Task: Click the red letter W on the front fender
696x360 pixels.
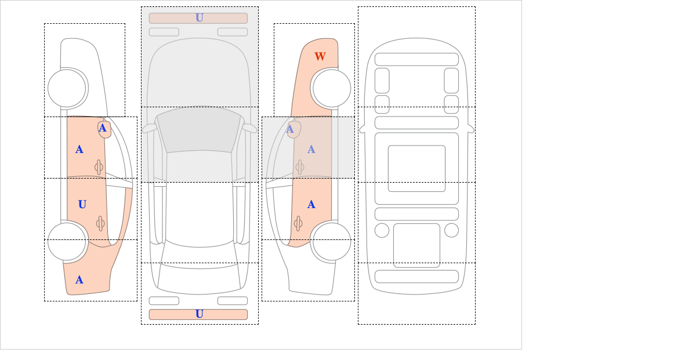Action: pos(320,56)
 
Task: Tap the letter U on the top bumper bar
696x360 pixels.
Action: pos(199,18)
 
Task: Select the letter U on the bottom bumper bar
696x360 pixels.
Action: pos(199,314)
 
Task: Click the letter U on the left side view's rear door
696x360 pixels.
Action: pos(82,204)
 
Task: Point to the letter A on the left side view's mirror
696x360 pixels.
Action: pos(103,128)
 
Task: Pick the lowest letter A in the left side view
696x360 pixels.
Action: pos(79,280)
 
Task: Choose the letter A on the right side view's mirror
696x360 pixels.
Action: pos(290,129)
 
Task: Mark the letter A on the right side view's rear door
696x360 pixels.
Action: pos(311,205)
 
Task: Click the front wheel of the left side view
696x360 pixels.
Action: pos(67,88)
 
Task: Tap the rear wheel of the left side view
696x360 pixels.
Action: pos(67,241)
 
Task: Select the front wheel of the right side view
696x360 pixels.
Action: pos(332,88)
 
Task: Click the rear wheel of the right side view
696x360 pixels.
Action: pos(332,241)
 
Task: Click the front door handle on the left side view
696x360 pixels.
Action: pos(99,167)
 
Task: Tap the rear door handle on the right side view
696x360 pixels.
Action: pos(298,223)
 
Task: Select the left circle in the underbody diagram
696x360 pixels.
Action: pos(382,230)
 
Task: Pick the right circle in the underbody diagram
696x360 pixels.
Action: pos(451,230)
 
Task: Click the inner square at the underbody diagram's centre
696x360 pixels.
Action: pos(416,168)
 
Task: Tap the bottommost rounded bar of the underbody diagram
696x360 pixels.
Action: pos(416,277)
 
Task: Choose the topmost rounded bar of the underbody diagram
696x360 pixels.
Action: pos(416,59)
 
